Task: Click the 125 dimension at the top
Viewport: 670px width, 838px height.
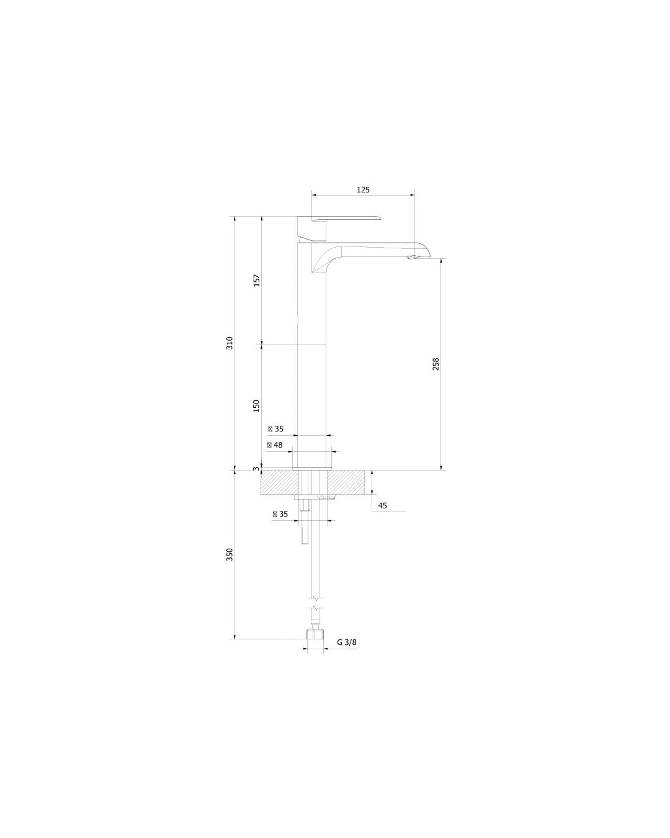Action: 363,190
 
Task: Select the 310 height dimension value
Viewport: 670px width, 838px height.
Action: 230,343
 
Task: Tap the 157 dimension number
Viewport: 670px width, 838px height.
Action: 257,281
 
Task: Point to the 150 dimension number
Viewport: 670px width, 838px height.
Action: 256,406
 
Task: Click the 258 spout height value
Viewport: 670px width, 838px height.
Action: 435,364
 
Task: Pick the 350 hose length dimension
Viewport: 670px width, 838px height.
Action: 230,554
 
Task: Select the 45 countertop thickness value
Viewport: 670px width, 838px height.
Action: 382,505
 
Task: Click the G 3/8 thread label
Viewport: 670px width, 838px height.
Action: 347,642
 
